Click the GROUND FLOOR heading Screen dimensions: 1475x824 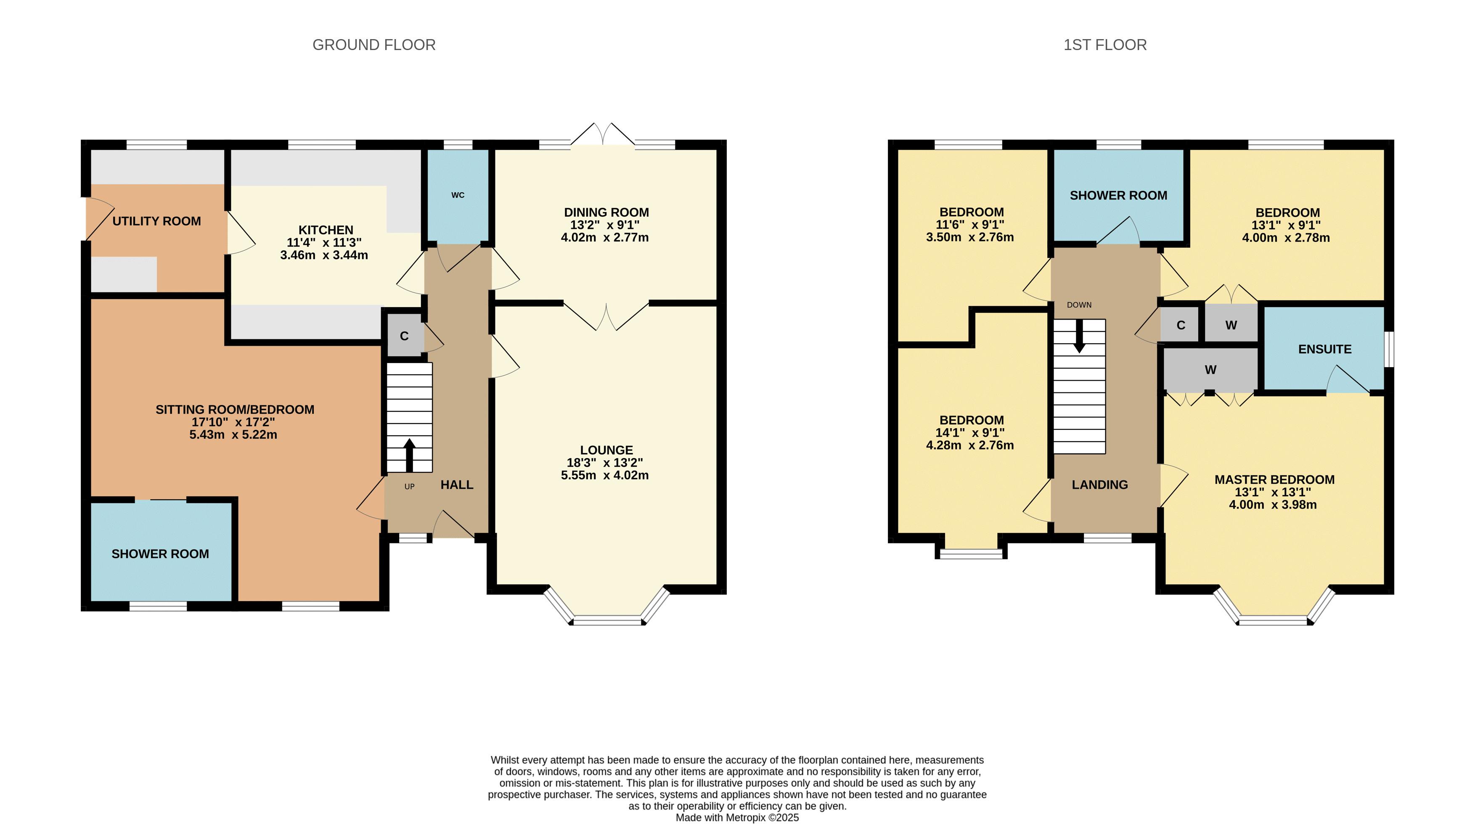[374, 45]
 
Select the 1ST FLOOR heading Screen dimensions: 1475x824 [1105, 45]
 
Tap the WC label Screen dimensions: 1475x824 [458, 195]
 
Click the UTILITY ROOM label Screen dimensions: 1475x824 [156, 221]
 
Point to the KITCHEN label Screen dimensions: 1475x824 [326, 230]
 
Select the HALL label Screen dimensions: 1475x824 [457, 485]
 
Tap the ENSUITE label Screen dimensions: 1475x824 [1325, 349]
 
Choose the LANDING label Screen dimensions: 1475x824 [1100, 485]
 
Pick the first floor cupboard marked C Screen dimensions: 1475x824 [1181, 325]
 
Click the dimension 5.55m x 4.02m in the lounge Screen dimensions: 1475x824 [605, 475]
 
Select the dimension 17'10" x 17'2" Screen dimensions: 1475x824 [233, 422]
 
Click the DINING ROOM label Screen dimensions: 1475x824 [606, 212]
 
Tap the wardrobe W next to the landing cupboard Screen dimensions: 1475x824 [1231, 325]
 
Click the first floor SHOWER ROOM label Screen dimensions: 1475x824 [1118, 195]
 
